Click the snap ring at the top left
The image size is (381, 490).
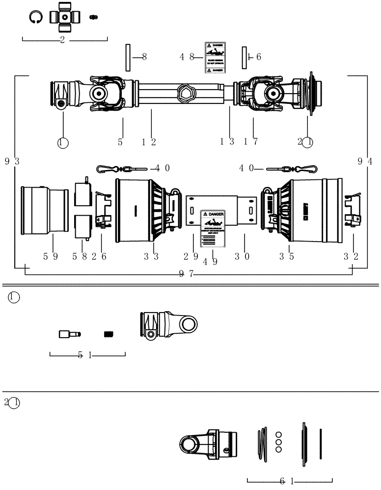(35, 17)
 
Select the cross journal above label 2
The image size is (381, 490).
(64, 17)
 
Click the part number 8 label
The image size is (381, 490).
(144, 57)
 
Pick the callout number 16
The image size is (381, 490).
(254, 57)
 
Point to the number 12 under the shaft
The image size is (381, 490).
(149, 142)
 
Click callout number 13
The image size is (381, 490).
(227, 142)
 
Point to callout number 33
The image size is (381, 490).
(152, 256)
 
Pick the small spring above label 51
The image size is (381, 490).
(109, 334)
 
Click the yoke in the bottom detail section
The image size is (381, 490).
(208, 444)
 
